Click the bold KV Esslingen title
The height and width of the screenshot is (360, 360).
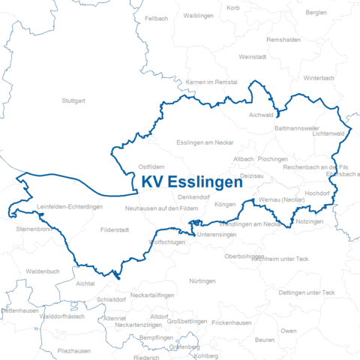[x=192, y=183]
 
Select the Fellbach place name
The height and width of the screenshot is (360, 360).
[x=156, y=17]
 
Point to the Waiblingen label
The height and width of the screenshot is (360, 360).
[x=199, y=15]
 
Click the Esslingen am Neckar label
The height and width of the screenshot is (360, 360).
[x=205, y=142]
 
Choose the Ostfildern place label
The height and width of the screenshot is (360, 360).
[x=151, y=166]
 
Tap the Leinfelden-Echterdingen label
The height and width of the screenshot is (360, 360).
[x=69, y=207]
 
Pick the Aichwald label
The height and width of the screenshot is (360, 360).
[x=262, y=115]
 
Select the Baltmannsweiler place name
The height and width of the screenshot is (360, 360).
[x=298, y=128]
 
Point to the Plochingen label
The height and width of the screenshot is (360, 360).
[x=272, y=160]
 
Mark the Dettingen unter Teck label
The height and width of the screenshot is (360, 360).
[x=306, y=292]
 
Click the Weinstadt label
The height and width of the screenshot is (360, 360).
[x=252, y=57]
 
